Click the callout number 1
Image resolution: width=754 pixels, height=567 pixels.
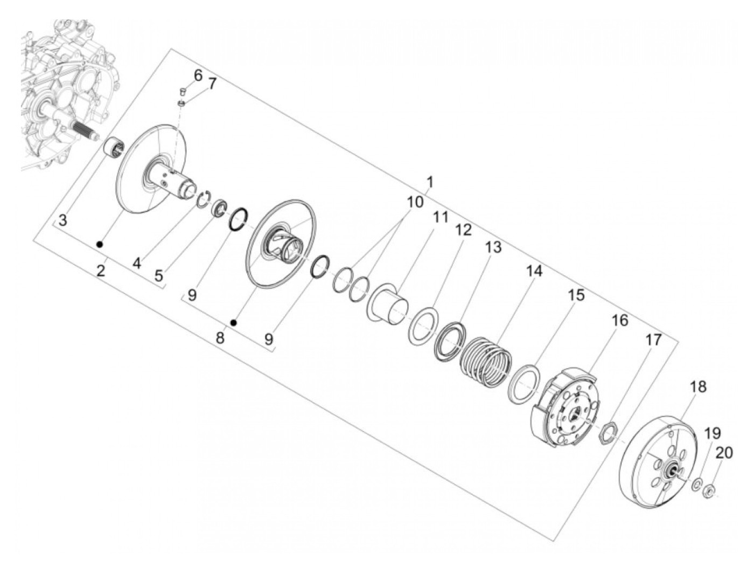click(x=429, y=182)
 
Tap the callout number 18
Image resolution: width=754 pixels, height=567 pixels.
click(x=698, y=386)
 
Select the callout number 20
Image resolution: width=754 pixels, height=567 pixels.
click(x=724, y=453)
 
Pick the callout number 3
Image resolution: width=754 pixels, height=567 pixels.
click(x=62, y=220)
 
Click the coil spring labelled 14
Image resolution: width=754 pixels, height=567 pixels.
click(x=486, y=361)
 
